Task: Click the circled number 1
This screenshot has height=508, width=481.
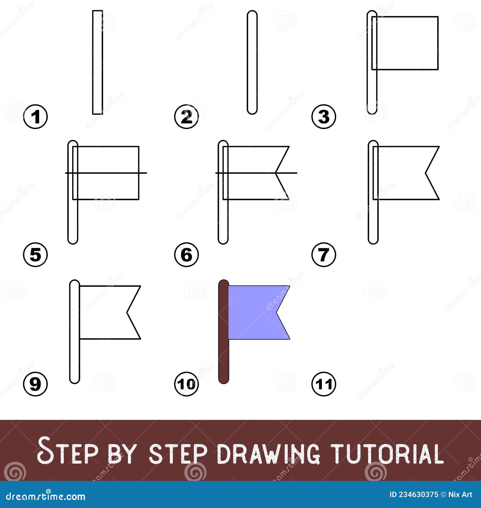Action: point(35,117)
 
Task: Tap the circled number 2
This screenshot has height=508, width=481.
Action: point(186,117)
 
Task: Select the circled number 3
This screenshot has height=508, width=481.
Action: point(324,117)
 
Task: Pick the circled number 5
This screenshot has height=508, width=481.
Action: point(35,255)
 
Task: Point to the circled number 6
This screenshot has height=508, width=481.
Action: point(186,255)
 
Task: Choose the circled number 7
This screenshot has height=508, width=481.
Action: point(324,255)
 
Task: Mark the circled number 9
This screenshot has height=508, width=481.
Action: point(35,384)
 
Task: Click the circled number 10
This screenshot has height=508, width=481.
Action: point(186,384)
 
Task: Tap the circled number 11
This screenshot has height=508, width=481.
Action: point(324,384)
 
